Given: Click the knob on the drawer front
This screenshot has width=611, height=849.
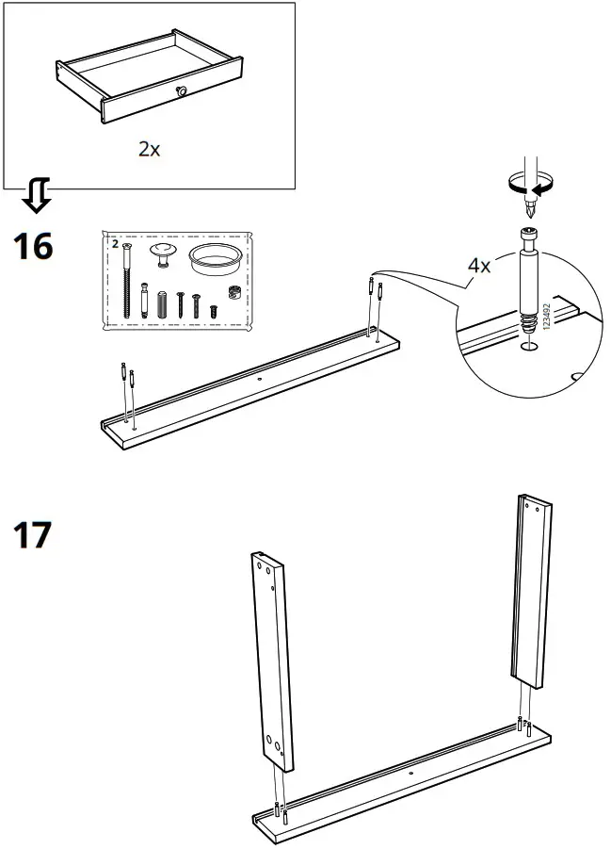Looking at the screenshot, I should point(181,90).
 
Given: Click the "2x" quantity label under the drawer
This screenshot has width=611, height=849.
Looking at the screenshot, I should point(149,149).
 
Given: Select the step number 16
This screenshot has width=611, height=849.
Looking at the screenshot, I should point(32,248).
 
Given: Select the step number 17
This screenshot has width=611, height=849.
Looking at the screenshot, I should point(32,535).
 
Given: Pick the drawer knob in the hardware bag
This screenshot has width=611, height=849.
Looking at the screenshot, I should point(163,253).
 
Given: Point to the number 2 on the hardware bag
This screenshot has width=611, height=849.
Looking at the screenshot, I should point(116,244).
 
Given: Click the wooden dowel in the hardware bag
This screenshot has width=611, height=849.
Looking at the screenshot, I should point(161,303).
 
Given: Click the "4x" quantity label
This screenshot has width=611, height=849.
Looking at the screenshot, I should point(479,266).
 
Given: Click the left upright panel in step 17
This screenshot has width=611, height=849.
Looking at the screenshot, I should point(273,660).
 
